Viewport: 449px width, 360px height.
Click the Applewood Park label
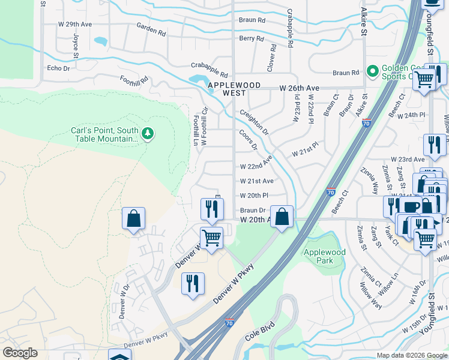(325, 257)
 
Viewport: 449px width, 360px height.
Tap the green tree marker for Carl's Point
(148, 133)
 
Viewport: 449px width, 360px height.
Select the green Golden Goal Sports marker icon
(372, 73)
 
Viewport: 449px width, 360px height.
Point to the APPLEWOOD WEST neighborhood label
(234, 89)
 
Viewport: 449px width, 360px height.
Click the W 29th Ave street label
(75, 24)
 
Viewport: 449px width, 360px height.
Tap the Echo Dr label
(58, 68)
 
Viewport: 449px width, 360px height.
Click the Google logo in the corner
(20, 353)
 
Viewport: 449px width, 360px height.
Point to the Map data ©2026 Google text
(411, 355)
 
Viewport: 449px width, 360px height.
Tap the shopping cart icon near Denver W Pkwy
(211, 237)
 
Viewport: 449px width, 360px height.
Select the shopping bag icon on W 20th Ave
(282, 217)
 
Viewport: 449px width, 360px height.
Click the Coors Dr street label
(248, 140)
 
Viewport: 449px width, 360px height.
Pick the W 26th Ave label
(299, 88)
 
